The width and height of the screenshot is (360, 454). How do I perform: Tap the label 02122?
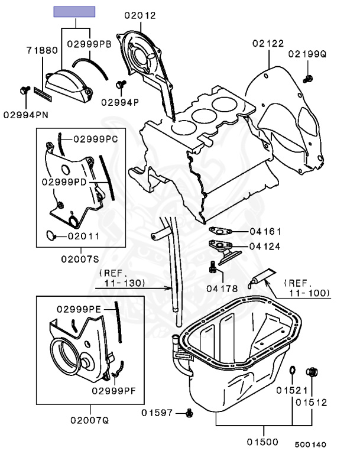tap(267, 43)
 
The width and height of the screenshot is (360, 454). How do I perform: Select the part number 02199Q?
tap(307, 55)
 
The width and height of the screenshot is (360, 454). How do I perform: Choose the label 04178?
tap(222, 288)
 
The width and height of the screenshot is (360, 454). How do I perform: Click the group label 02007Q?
tap(90, 421)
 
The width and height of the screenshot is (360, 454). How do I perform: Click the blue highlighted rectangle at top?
tap(74, 11)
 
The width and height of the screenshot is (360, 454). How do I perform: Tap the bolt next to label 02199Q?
tap(307, 77)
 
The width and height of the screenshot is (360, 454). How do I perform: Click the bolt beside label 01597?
tap(189, 411)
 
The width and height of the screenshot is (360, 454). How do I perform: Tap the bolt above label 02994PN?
tap(25, 90)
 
